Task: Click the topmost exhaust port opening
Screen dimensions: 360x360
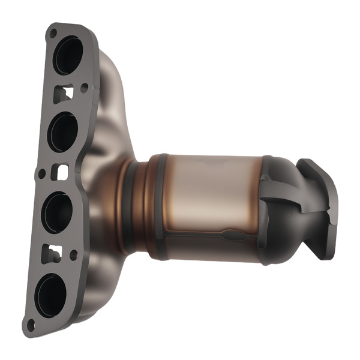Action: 68,55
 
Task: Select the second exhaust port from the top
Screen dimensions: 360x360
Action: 62,132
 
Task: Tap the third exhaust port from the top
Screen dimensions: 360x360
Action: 58,211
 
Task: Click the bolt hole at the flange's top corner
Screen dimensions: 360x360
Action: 53,31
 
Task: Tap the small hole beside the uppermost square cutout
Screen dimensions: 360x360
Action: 83,88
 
